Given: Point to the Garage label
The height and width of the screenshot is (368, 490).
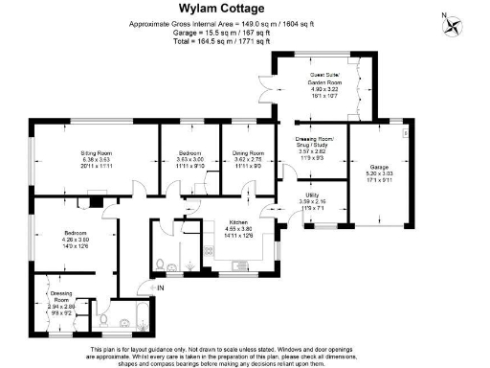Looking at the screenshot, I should click(x=373, y=169).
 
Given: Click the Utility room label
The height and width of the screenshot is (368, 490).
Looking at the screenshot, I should click(x=312, y=195).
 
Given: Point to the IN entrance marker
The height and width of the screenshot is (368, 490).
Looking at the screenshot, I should click(x=160, y=287).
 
